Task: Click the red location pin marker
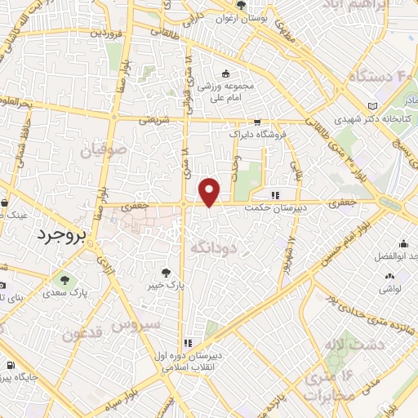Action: [210, 192]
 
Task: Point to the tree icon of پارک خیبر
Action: [167, 273]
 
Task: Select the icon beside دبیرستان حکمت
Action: [275, 195]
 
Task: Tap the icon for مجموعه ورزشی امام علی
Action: [225, 74]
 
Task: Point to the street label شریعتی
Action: [153, 119]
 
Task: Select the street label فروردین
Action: [105, 33]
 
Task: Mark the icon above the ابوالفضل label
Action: [404, 243]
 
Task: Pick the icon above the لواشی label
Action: [389, 276]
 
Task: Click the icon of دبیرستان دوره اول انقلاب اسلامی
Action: [188, 343]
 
